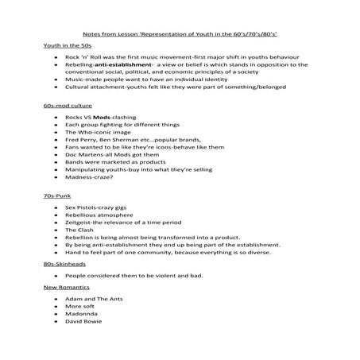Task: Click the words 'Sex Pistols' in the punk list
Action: [83, 206]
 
